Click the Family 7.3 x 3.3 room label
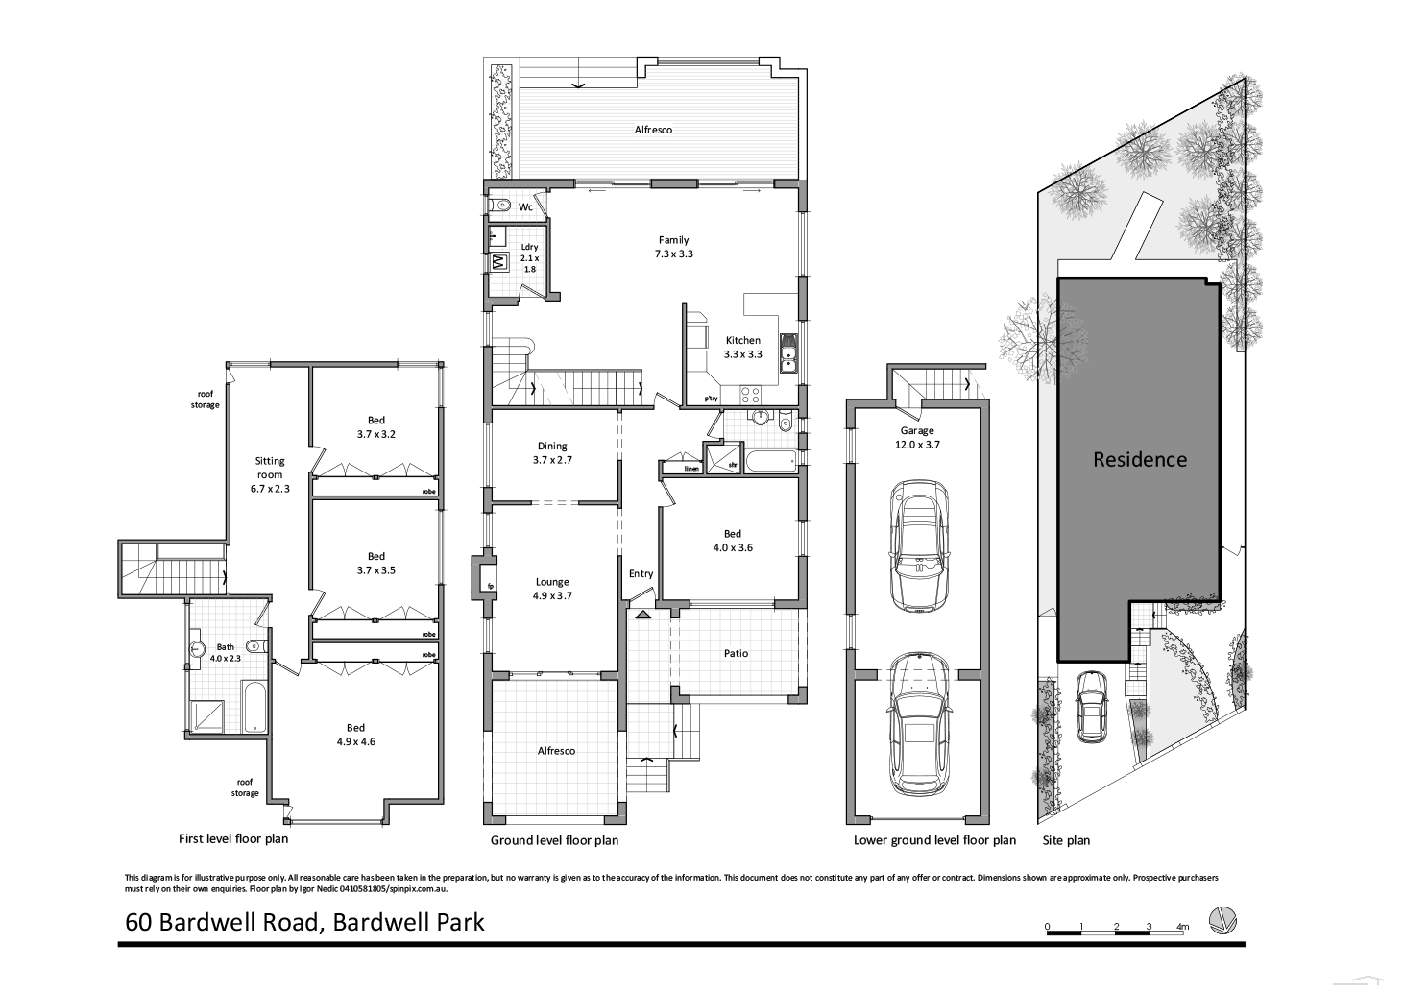click(673, 248)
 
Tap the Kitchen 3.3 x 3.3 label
click(742, 347)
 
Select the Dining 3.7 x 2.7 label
click(552, 452)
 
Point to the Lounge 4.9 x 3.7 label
click(552, 589)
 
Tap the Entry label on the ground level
click(641, 573)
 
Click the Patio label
click(736, 653)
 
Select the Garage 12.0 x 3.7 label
click(917, 437)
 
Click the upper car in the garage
click(919, 546)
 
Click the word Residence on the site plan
click(1140, 459)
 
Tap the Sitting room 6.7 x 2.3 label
click(269, 474)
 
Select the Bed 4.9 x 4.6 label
click(375, 735)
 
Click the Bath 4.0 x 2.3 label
click(226, 652)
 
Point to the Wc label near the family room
click(525, 207)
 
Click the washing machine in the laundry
click(499, 261)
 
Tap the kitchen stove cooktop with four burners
click(749, 394)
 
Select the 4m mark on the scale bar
click(1182, 927)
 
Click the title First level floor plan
click(233, 838)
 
